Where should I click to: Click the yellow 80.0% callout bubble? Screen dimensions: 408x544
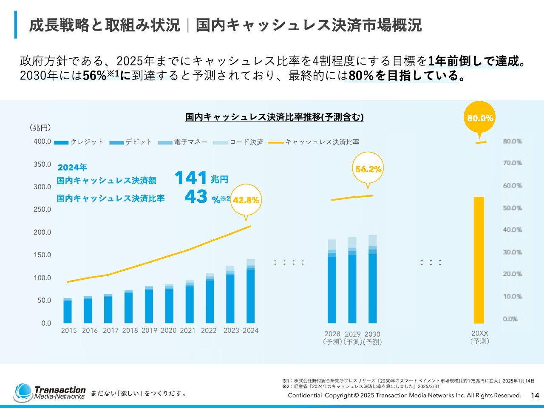click(x=480, y=118)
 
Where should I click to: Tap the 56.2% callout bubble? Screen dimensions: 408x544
click(x=368, y=169)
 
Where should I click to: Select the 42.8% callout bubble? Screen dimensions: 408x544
click(x=246, y=200)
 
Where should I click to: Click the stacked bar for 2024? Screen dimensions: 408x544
click(x=251, y=292)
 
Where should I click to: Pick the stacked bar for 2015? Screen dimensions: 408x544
click(x=68, y=311)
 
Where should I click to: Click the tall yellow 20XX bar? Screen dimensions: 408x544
click(x=479, y=260)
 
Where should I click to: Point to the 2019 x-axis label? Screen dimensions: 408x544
click(x=149, y=331)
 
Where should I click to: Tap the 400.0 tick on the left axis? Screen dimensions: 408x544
click(x=42, y=142)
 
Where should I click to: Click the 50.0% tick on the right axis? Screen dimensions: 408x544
click(x=512, y=208)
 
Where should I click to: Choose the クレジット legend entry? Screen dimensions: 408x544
click(x=79, y=142)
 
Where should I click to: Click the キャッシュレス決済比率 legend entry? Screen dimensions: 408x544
click(x=314, y=142)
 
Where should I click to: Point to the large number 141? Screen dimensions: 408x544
click(x=190, y=178)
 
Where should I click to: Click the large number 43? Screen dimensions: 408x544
click(x=196, y=197)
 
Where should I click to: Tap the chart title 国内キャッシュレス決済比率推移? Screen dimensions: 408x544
click(x=274, y=117)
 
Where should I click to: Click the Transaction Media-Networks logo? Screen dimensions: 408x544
click(x=50, y=393)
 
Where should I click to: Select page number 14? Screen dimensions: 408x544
click(x=535, y=396)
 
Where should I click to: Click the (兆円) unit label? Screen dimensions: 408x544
click(x=40, y=127)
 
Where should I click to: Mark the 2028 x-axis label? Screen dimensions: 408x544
click(x=332, y=334)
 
